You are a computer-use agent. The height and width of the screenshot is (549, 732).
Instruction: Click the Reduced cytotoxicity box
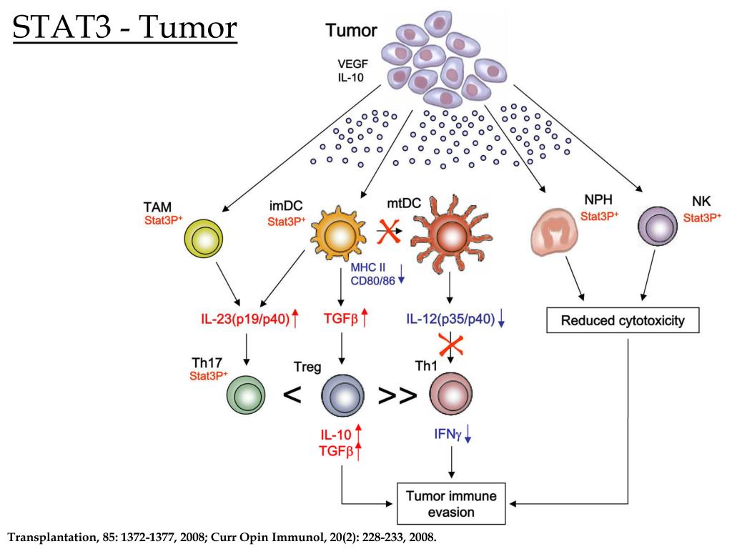pos(622,320)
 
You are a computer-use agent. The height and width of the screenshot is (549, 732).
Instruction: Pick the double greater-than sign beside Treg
pos(397,395)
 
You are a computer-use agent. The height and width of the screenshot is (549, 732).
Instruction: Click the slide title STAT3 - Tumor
pos(125,28)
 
